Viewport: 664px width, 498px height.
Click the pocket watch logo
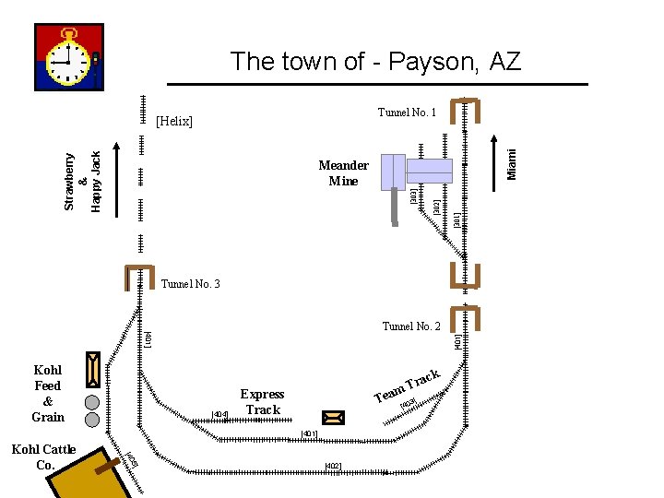point(69,57)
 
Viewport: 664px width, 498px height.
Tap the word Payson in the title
point(433,62)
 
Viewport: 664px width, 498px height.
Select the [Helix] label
point(174,121)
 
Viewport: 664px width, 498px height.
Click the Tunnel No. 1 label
point(407,113)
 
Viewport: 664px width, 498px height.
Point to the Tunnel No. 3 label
point(190,284)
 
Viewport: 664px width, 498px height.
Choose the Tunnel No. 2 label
point(411,326)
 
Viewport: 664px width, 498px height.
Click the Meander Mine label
point(343,173)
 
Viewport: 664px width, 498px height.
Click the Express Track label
point(262,402)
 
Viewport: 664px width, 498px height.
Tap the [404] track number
point(219,414)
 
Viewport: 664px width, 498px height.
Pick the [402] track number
point(333,466)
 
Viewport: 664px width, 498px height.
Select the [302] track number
point(435,207)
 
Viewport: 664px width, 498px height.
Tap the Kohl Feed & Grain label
point(48,394)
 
